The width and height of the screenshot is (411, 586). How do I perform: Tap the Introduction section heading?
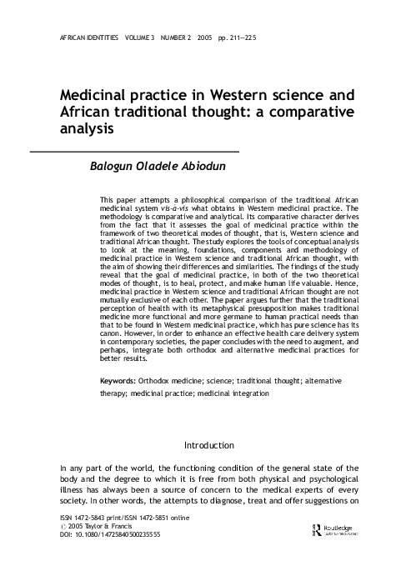point(209,445)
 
